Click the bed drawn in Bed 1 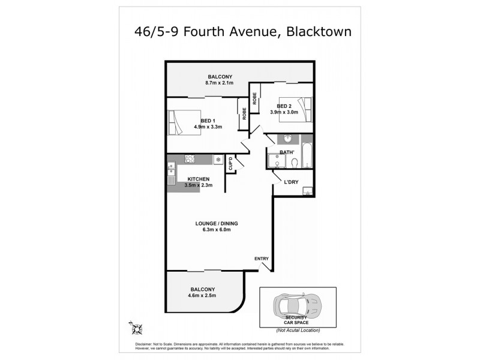[180, 122]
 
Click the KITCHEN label [198, 179]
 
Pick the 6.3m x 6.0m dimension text [213, 230]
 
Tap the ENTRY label [262, 259]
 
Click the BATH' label [287, 152]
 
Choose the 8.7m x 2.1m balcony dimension [220, 83]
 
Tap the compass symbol [137, 326]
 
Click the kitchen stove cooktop [190, 159]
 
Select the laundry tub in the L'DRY [307, 191]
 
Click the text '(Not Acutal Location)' [298, 331]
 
